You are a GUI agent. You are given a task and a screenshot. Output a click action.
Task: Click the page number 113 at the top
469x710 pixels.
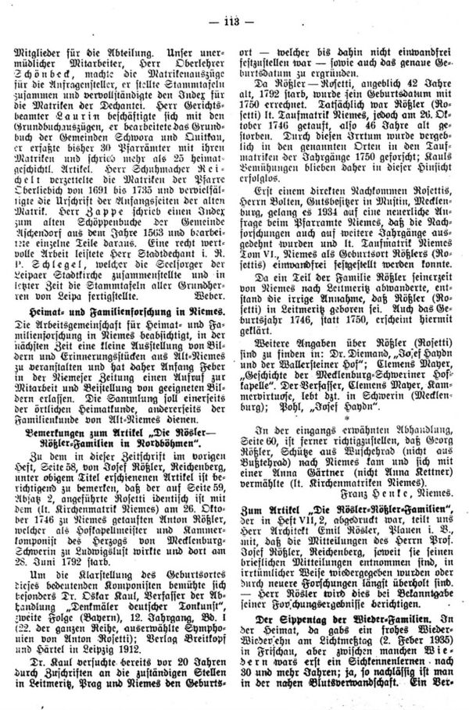point(234,10)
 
